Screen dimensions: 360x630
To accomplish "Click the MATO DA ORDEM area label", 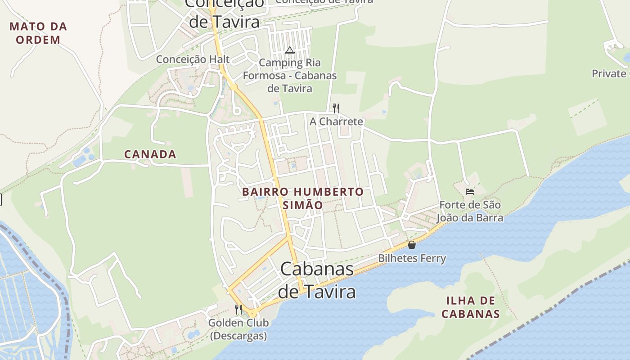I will click(38, 33).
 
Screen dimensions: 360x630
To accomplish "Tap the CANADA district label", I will click(150, 154).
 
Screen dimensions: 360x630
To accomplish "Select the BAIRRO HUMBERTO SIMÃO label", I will click(302, 198).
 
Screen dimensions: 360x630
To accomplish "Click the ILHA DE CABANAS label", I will click(471, 307).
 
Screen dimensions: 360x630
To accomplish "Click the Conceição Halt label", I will click(193, 59).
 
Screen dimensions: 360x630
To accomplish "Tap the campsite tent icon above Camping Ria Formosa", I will click(289, 49).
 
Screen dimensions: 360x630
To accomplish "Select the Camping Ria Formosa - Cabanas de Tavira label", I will click(290, 75).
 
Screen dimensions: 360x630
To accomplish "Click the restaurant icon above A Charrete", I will click(336, 108).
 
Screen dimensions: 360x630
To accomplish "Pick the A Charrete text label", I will click(336, 121).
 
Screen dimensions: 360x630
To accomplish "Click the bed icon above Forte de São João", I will click(470, 192).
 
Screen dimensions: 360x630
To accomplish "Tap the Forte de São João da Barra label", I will click(470, 211).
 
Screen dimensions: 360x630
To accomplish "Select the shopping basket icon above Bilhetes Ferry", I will click(411, 245).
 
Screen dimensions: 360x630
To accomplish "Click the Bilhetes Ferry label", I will click(412, 258).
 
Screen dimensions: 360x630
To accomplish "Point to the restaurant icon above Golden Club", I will click(238, 309).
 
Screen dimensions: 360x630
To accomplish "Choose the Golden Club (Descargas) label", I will click(238, 329).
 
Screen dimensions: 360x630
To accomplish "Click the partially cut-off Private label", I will click(610, 73).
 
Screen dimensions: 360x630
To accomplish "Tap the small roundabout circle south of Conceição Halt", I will click(237, 111).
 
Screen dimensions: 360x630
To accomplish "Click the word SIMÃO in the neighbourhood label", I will click(302, 205).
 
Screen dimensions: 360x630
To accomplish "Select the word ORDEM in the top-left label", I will click(38, 40).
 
